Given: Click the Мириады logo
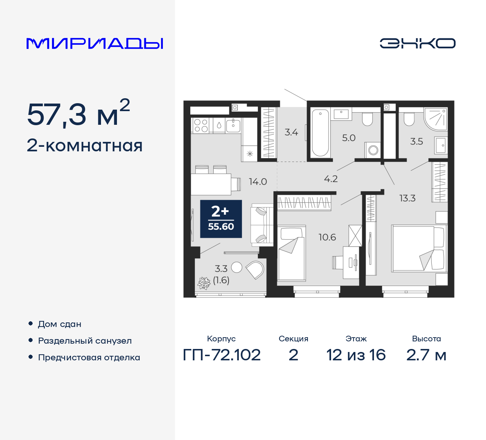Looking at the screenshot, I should coord(95,44).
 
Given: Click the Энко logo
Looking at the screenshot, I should coord(417,43).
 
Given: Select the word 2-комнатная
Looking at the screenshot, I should coord(84,146).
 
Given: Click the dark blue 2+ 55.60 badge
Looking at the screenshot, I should coord(221,219).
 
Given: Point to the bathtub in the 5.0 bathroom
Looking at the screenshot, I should coord(320,133).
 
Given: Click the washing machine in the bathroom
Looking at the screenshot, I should coord(373,150).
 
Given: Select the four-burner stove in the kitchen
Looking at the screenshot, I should coord(201,126).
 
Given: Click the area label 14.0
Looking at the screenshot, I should coord(258,182).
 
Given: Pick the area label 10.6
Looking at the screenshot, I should coord(327,237).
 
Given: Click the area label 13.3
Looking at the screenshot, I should coord(407,198).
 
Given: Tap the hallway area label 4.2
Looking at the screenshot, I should coord(331,179).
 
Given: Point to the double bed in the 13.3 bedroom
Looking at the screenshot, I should coord(418,248).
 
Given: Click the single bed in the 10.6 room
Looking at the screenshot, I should coord(291,253).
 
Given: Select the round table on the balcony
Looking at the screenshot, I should coord(237,267).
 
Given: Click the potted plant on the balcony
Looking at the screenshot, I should coord(204,283).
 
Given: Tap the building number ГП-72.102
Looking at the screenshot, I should coord(222,355).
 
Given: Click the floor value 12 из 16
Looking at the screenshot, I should coord(356,355).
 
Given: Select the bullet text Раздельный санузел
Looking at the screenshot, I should coord(85,341).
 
